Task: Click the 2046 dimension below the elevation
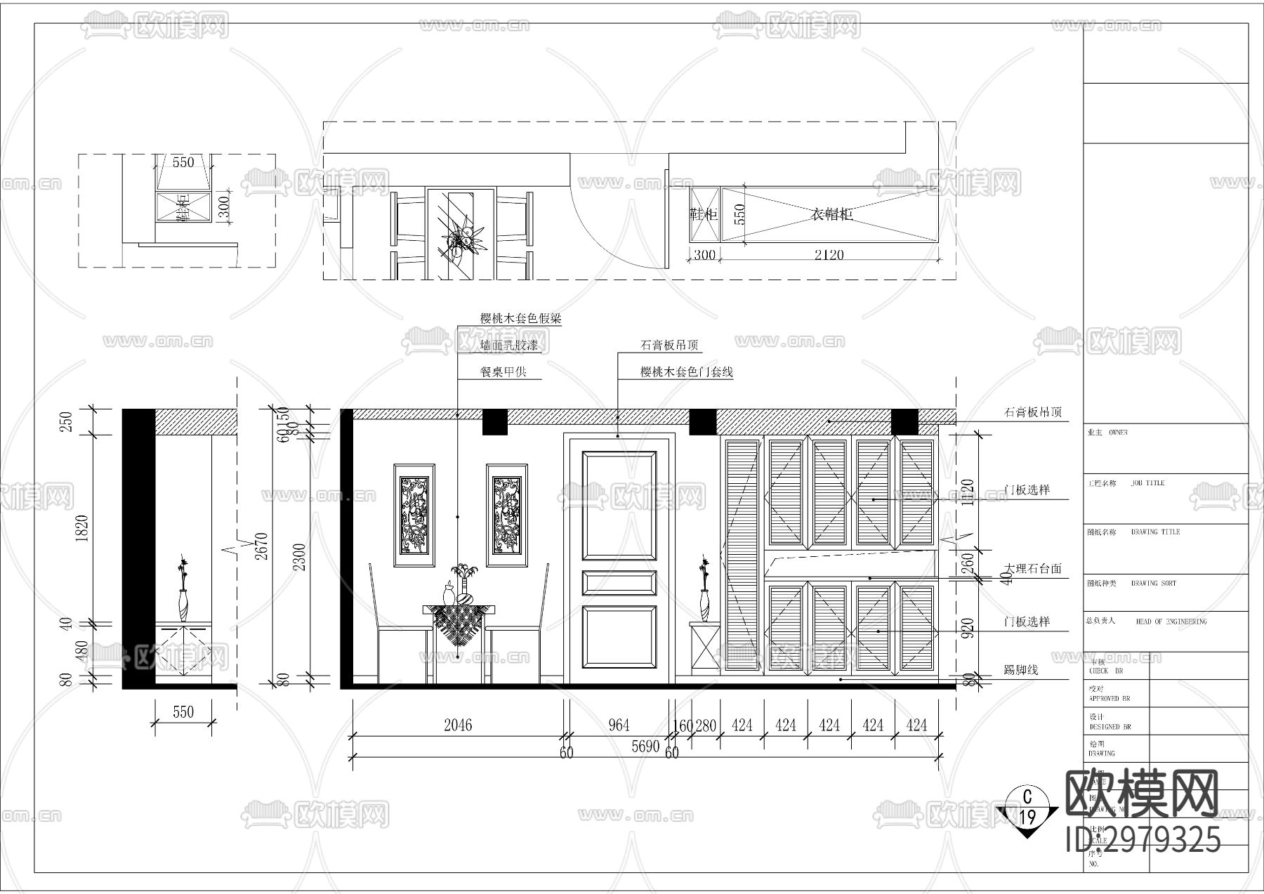[x=458, y=725]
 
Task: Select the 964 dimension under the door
[x=619, y=725]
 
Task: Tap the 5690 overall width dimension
[x=645, y=746]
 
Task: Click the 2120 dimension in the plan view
[x=829, y=255]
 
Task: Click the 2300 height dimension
[x=299, y=556]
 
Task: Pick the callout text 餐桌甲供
[x=503, y=372]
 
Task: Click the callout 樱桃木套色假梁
[x=520, y=318]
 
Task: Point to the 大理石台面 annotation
[x=1032, y=569]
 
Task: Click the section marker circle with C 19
[x=1028, y=806]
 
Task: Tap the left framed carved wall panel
[x=414, y=515]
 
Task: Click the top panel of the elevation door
[x=619, y=504]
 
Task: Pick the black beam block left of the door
[x=494, y=421]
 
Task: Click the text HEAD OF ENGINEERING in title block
[x=1171, y=622]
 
